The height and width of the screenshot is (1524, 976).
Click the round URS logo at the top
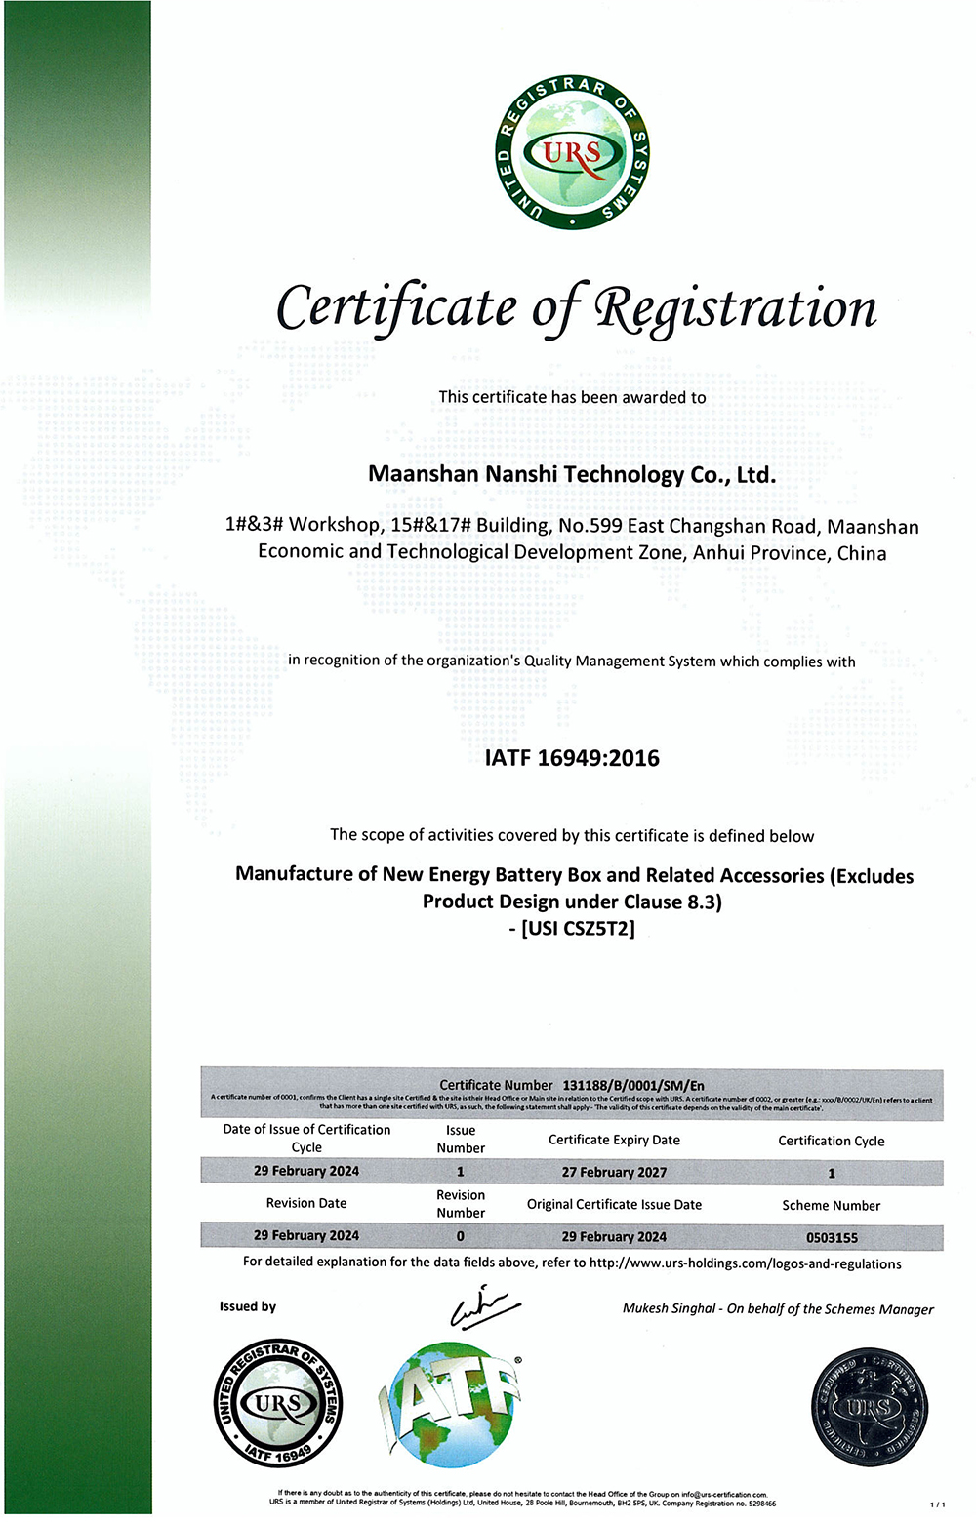point(572,153)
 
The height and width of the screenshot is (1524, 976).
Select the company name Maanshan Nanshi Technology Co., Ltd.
point(572,475)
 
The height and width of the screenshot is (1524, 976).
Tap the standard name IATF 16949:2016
point(572,758)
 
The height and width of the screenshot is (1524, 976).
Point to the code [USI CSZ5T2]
point(572,928)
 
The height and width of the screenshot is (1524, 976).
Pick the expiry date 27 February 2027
point(614,1172)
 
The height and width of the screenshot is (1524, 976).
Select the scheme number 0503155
point(832,1237)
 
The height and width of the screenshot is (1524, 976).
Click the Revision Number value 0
point(461,1236)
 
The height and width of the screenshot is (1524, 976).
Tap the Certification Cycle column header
point(832,1141)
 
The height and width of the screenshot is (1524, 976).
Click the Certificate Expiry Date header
point(614,1140)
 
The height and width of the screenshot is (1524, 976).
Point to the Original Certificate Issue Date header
point(614,1205)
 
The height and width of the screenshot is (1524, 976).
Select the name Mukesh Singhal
point(669,1308)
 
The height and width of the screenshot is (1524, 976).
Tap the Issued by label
point(248,1306)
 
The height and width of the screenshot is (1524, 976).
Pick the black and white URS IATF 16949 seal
point(278,1403)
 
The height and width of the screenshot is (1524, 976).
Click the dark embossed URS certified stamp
point(869,1407)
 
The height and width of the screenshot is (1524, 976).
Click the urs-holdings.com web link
point(746,1263)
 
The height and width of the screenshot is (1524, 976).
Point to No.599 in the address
point(590,526)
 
